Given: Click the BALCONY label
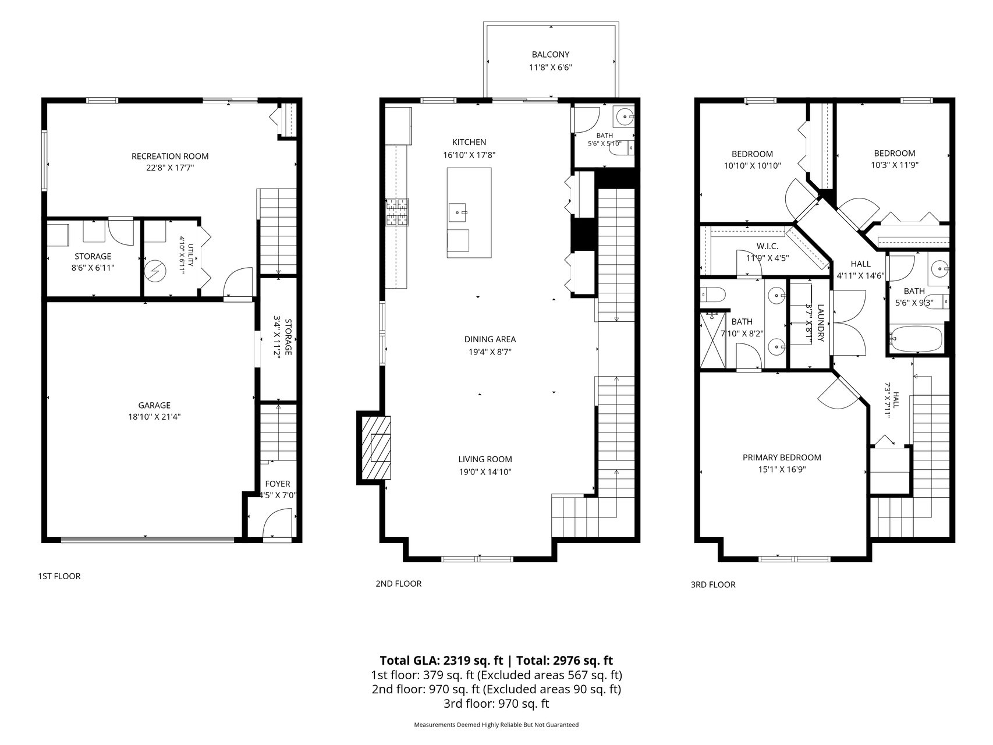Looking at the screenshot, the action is [x=550, y=55].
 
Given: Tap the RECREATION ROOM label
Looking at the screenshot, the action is [x=170, y=156].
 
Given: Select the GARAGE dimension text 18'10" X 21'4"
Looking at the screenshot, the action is [x=154, y=417].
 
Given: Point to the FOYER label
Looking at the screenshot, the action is [x=278, y=484].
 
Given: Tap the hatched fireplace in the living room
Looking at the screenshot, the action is [x=376, y=446].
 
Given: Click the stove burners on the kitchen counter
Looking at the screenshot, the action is [x=398, y=212].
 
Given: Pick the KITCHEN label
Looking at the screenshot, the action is [x=469, y=142].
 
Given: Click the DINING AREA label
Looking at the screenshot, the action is [x=490, y=339].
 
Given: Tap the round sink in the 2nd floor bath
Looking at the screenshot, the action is [x=627, y=117].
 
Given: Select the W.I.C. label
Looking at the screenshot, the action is [x=767, y=246].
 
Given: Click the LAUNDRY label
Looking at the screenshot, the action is [x=821, y=323].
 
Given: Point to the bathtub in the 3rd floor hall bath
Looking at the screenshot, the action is [x=916, y=339].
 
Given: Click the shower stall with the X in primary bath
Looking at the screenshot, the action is [x=714, y=340].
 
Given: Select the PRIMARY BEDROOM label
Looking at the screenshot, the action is [x=782, y=457].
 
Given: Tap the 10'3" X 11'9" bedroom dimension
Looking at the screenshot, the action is [x=895, y=165].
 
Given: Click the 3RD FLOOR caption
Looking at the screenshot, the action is [x=713, y=584].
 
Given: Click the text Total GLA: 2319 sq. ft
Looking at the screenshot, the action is [x=441, y=661].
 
